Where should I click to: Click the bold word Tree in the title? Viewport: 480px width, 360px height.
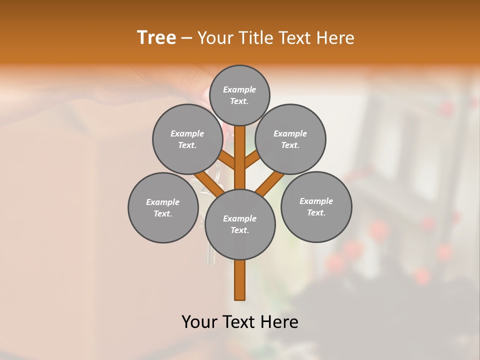[156, 37]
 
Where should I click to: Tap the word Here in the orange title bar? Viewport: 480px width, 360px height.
[335, 37]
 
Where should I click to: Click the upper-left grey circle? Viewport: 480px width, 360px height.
[187, 139]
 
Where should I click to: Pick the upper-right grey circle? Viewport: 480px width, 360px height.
[290, 139]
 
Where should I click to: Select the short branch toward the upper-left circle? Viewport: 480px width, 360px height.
[227, 160]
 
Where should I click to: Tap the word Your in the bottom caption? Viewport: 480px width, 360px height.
[199, 322]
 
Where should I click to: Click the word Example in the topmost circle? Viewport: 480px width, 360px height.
[239, 89]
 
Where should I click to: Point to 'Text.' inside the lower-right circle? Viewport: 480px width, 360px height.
[316, 212]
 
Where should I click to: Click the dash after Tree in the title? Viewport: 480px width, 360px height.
[187, 38]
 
